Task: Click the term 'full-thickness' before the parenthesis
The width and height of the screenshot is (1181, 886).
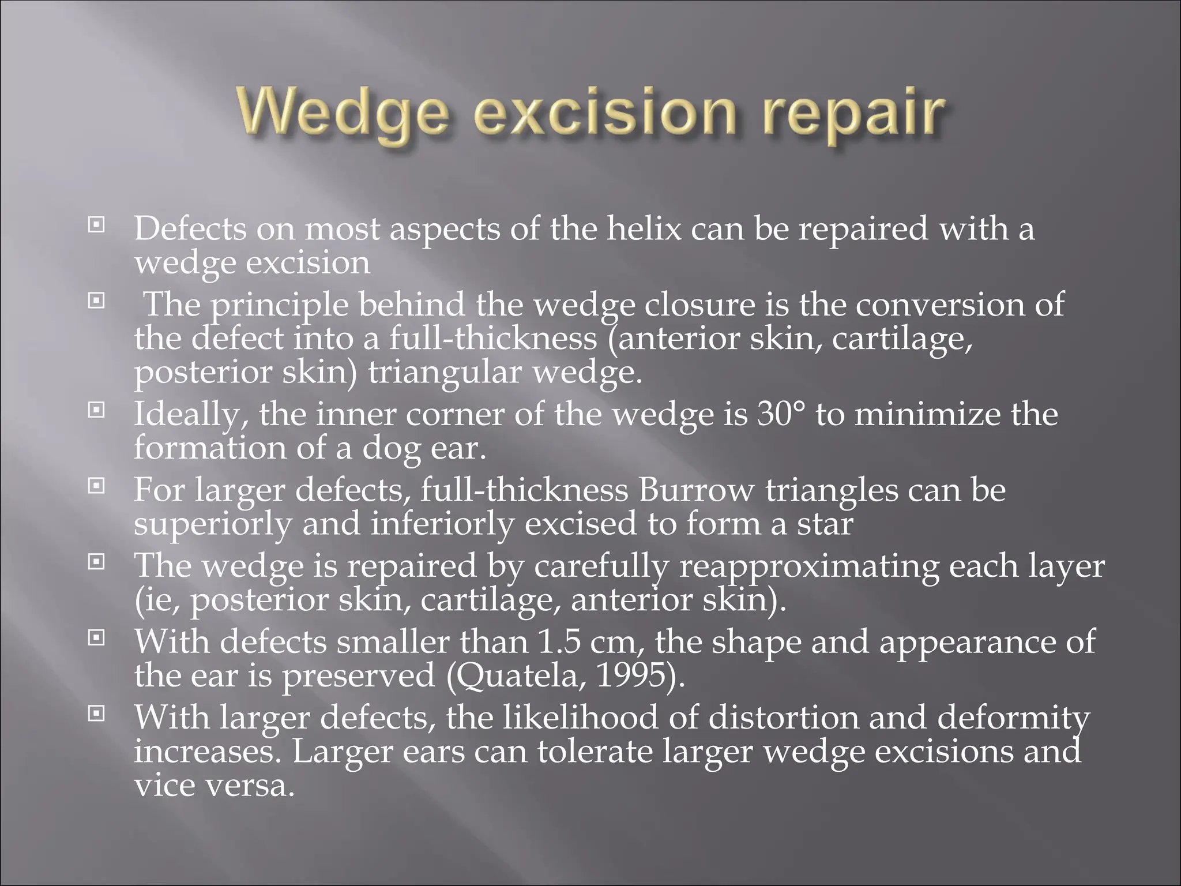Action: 493,339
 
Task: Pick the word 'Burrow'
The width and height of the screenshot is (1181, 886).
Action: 696,490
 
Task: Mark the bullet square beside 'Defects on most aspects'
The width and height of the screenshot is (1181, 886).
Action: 96,224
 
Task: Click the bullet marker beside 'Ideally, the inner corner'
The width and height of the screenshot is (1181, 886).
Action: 96,410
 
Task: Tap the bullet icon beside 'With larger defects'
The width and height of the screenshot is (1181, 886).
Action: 96,714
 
